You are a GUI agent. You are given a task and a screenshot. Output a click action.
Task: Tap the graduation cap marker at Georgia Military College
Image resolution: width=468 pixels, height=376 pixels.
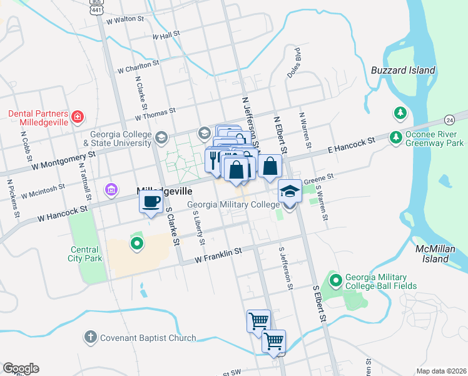290,191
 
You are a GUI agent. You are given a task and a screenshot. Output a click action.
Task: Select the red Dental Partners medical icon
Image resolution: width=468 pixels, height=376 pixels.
77,117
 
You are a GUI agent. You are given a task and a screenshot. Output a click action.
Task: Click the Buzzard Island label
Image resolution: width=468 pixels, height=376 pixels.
402,70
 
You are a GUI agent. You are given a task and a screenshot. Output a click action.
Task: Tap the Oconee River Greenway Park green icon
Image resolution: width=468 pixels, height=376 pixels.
395,137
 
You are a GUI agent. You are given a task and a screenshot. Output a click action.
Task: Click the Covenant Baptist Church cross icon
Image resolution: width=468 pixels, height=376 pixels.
90,338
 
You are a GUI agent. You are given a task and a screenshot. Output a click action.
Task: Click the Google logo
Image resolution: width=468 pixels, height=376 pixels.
20,368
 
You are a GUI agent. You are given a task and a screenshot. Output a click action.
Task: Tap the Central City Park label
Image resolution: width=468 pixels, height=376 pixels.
84,254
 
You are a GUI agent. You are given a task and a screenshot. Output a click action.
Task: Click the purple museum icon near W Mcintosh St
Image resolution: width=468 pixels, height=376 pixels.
111,189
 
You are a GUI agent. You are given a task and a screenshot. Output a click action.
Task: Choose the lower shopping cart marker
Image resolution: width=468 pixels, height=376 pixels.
273,342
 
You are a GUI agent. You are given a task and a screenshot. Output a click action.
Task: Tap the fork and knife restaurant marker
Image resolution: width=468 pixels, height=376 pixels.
213,160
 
